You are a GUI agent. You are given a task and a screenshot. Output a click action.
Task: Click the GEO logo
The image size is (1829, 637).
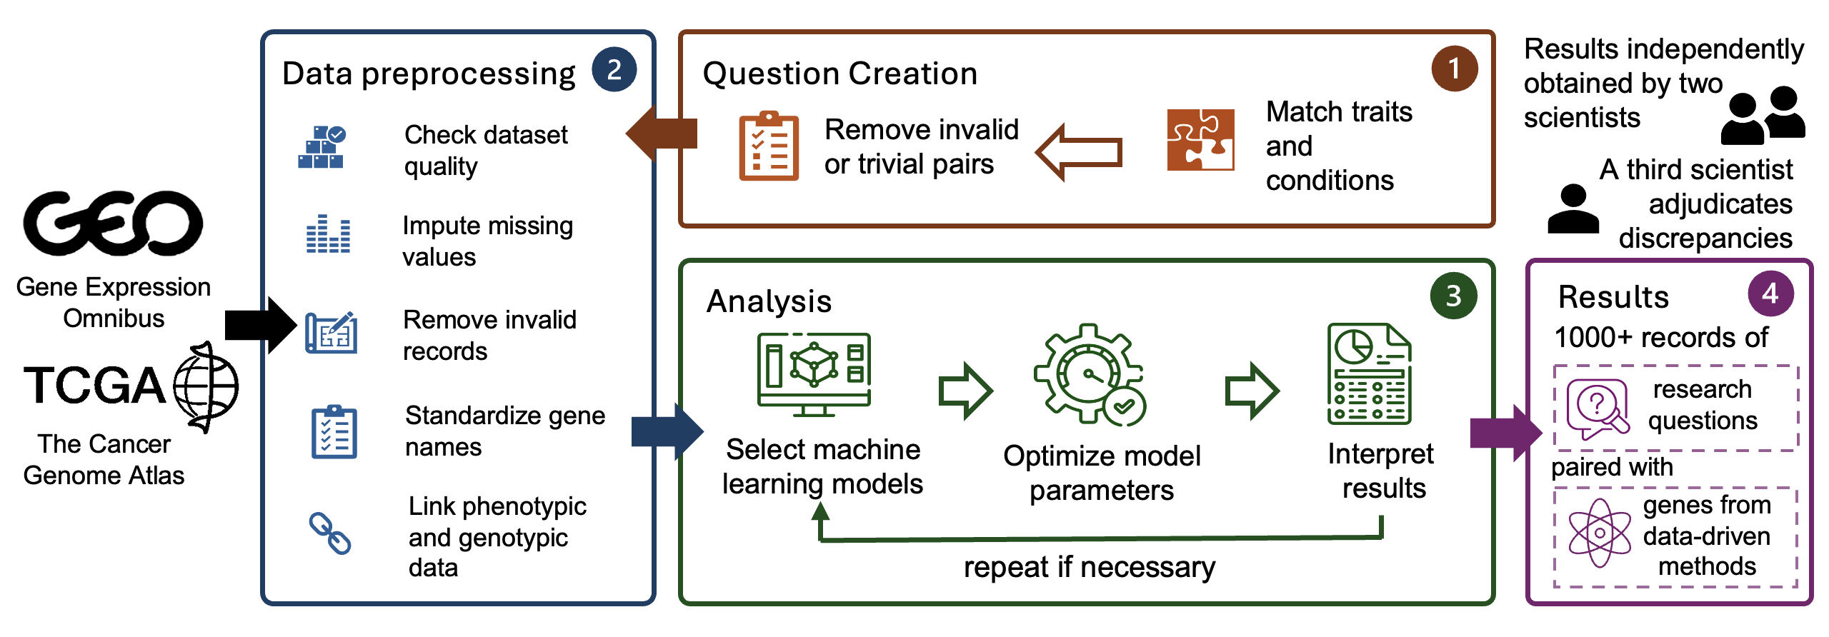[x=113, y=223]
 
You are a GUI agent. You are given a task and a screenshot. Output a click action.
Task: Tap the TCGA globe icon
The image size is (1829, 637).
[x=206, y=387]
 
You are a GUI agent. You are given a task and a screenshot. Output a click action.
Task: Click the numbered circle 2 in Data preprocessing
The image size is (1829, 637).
[x=614, y=70]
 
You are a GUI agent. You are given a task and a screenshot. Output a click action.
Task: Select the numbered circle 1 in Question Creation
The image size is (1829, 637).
[x=1454, y=69]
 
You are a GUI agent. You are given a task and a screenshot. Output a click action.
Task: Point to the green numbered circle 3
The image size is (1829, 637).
[x=1453, y=296]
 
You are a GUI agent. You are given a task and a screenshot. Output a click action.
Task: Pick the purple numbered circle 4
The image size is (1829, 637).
[x=1770, y=294]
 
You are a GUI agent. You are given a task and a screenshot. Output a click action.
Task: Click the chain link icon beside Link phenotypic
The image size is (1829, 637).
[x=329, y=533]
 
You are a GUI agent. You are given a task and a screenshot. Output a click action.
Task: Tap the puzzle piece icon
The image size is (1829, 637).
[x=1200, y=140]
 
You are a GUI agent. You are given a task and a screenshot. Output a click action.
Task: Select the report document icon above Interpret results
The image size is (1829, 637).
[x=1369, y=373]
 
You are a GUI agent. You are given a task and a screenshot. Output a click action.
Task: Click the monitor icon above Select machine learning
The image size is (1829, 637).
[x=814, y=373]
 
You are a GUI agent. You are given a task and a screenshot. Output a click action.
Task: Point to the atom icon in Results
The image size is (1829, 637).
[x=1599, y=533]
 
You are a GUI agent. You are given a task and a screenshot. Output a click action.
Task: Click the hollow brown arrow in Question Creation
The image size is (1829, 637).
[x=1079, y=152]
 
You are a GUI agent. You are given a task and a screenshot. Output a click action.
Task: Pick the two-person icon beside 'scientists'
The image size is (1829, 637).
[x=1763, y=116]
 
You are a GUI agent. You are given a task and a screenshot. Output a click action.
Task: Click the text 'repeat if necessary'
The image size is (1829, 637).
[x=1089, y=567]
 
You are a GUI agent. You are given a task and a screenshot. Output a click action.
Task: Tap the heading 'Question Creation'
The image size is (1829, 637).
[x=839, y=74]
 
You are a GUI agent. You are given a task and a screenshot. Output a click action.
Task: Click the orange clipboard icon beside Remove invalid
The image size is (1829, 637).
[x=769, y=146]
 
